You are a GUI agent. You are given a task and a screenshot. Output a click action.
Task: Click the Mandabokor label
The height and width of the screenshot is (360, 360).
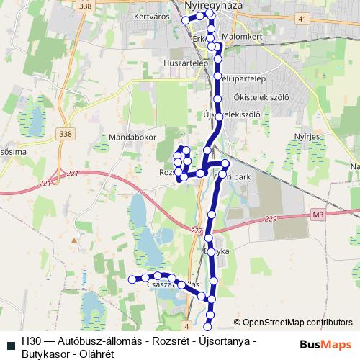pos(128,135)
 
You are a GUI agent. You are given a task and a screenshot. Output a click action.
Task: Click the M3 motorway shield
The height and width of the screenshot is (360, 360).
pos(319,215)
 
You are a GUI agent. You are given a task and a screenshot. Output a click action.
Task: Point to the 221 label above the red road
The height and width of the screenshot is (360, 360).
pos(71,174)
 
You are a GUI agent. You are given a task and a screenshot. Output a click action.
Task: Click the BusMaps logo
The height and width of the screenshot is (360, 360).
pos(325,345)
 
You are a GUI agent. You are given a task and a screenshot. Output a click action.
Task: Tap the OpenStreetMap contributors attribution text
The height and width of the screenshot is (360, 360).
pos(297,323)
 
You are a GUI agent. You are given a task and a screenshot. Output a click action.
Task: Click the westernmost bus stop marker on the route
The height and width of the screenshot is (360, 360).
pos(132,279)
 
